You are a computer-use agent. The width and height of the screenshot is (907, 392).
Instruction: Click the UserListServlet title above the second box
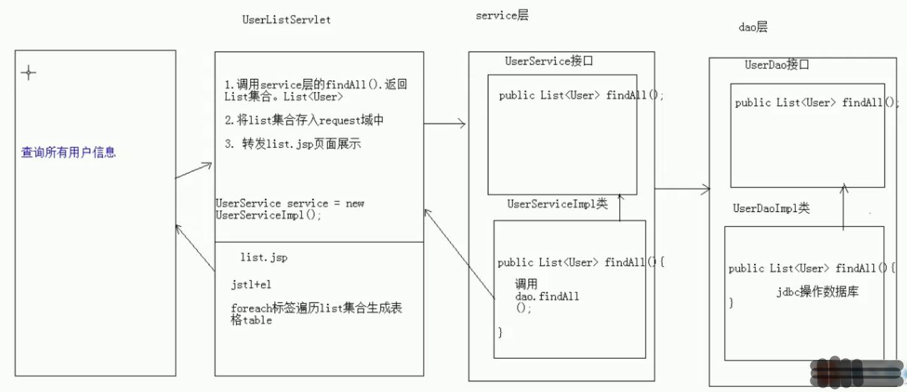coord(286,19)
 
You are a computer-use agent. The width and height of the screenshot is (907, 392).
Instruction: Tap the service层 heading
coord(501,16)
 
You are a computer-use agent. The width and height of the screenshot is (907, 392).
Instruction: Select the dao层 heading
coord(753,27)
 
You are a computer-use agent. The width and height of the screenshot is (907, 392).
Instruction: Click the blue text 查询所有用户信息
coord(68,152)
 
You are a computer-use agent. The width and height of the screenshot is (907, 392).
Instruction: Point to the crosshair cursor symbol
coord(28,73)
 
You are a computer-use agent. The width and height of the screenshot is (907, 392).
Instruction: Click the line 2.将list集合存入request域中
coord(304,120)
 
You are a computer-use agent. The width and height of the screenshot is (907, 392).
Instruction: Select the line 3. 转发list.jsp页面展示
coord(293,144)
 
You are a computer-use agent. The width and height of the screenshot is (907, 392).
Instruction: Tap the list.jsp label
coord(264,258)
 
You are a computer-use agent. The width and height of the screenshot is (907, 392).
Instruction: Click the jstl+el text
coord(251,285)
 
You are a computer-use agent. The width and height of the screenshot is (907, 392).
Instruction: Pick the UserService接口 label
coord(549,61)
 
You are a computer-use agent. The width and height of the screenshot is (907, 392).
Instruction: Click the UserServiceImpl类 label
coord(557,204)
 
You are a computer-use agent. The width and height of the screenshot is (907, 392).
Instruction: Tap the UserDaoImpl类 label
coord(771,208)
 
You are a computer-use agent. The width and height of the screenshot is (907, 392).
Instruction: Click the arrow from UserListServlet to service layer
coord(445,124)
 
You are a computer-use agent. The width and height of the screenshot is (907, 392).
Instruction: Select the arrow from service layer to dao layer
coord(683,188)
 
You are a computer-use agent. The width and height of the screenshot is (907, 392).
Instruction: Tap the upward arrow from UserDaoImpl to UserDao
coord(844,207)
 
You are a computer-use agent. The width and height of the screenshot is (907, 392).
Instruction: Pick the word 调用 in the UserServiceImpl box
coord(526,284)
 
